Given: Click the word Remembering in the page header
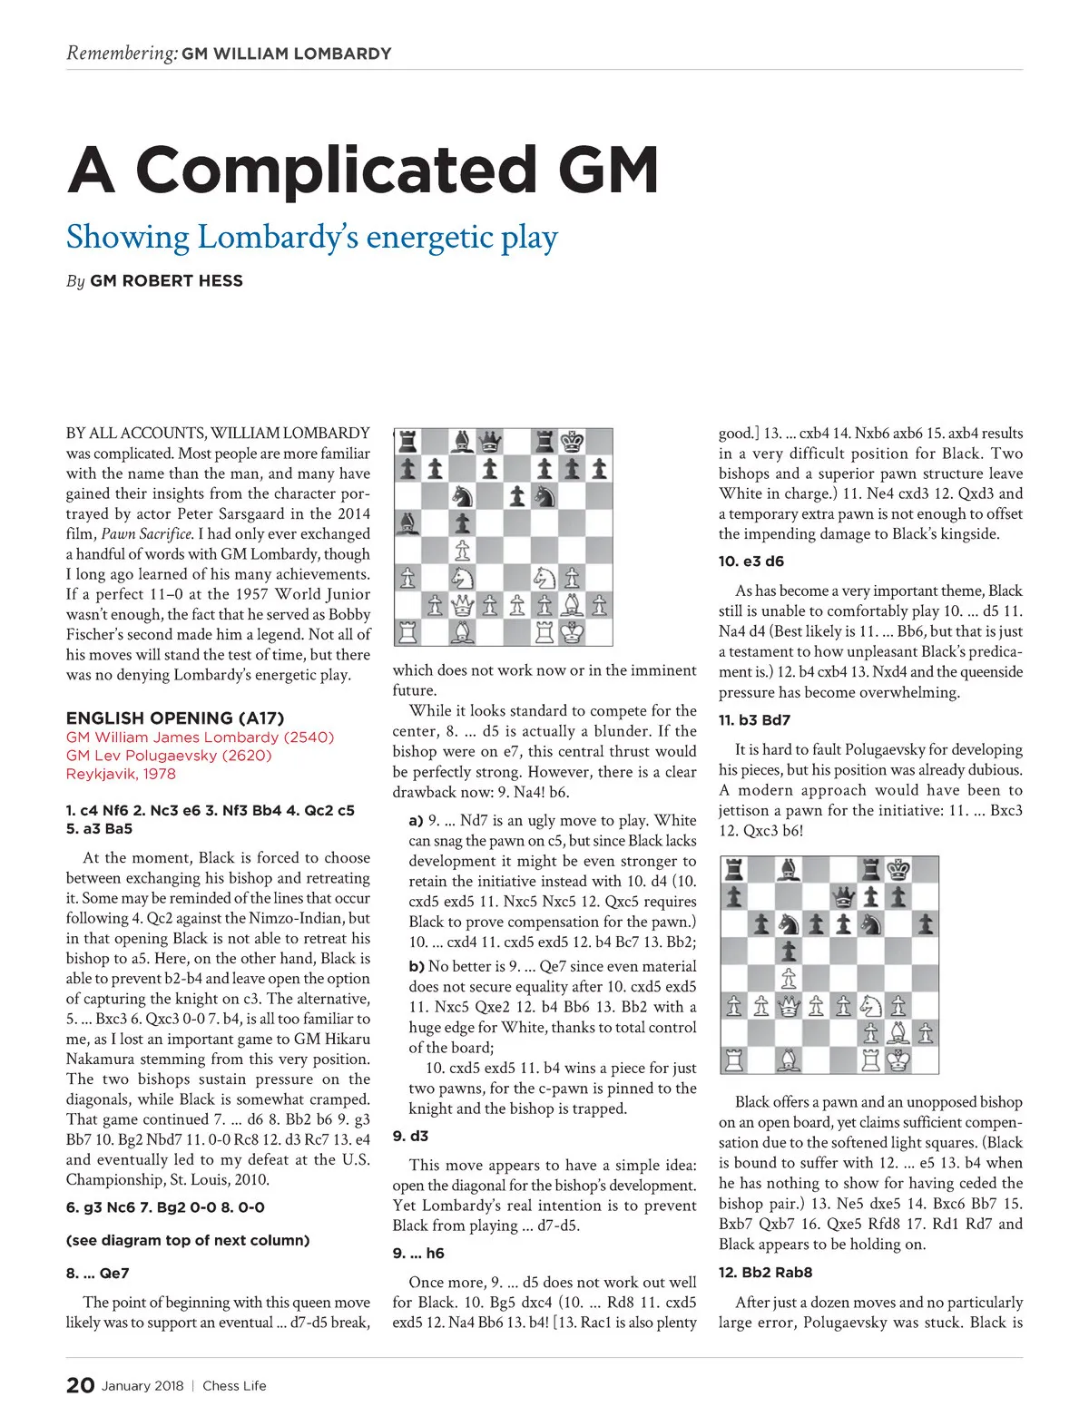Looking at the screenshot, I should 122,53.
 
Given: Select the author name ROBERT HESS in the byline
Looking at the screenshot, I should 166,281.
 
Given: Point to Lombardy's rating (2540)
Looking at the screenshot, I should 309,737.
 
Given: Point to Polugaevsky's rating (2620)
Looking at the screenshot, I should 245,756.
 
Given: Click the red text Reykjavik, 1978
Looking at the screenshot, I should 121,774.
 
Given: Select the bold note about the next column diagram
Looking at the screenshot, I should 188,1240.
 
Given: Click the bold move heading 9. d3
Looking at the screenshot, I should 410,1136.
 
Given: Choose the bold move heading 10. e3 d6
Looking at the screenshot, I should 751,562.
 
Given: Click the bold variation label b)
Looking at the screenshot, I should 417,967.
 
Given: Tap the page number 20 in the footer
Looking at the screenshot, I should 80,1385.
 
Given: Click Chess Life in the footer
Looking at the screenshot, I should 234,1386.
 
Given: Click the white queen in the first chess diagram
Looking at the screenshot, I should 463,605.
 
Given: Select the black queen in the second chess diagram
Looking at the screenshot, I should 843,896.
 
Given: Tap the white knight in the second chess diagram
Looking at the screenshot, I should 870,1005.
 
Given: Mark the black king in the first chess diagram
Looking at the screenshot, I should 572,442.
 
